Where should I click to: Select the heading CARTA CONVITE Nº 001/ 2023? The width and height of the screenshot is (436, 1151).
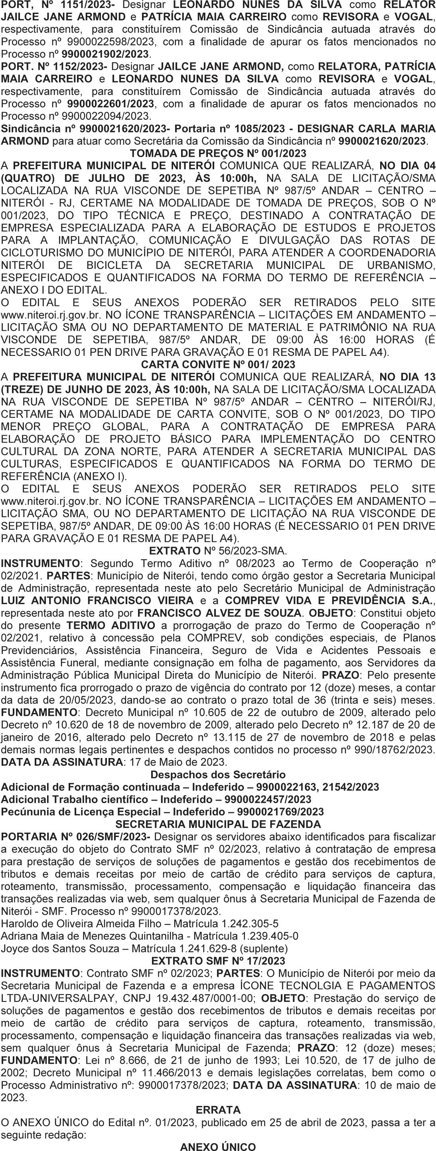[218, 364]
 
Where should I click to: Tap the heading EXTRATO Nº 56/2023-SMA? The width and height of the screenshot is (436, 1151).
[218, 551]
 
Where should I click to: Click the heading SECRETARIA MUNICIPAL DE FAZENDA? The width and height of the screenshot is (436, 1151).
[218, 824]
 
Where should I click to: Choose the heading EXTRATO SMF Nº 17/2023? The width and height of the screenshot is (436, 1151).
[218, 961]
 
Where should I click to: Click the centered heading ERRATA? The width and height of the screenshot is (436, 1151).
[218, 1110]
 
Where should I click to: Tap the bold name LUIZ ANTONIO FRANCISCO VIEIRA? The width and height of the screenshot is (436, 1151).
[97, 600]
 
